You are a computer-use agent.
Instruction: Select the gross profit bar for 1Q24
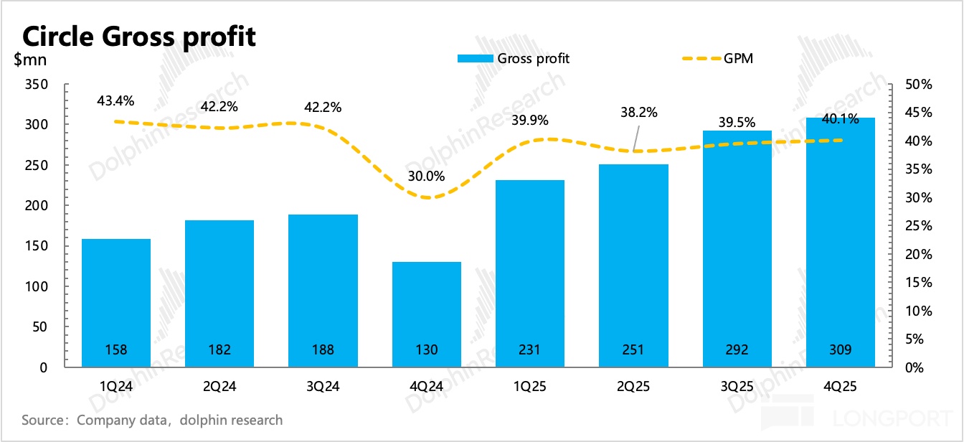tap(116, 301)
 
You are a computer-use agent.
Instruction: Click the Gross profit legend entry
tap(514, 59)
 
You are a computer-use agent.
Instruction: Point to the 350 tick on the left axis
tap(37, 85)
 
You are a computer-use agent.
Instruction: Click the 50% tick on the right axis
tap(918, 85)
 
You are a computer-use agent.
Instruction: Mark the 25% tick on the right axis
tap(918, 226)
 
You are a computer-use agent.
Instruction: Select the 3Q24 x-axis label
tap(323, 386)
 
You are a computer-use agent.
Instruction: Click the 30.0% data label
tap(427, 176)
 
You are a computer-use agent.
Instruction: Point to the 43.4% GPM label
tap(115, 101)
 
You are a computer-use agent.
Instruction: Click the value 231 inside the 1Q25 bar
tap(530, 350)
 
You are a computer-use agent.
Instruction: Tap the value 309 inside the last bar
tap(841, 350)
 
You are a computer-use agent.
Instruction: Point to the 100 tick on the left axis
tap(37, 287)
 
